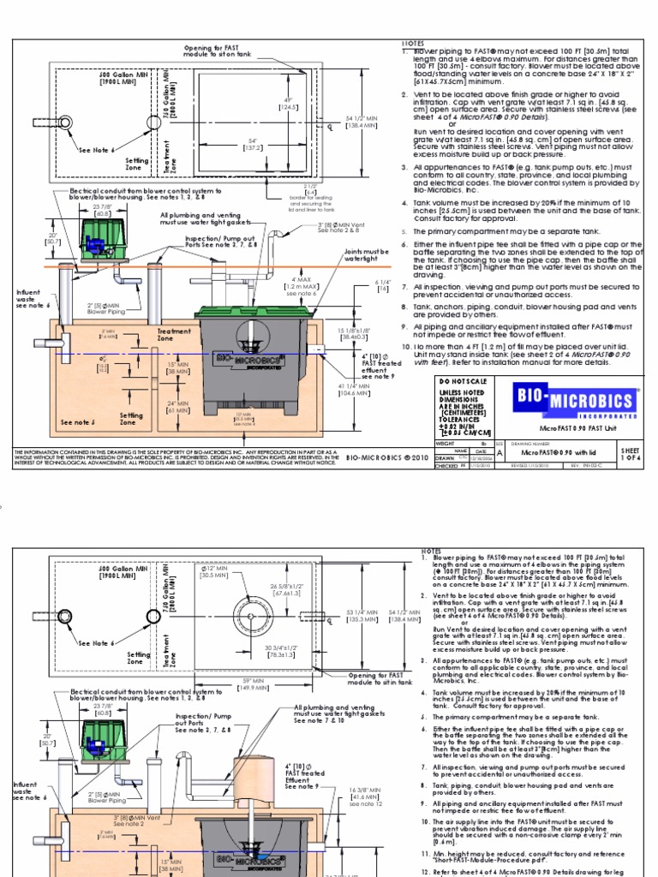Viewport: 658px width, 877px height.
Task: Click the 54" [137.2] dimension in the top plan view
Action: click(254, 143)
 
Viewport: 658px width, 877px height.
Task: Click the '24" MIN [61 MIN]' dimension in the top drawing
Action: click(178, 408)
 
